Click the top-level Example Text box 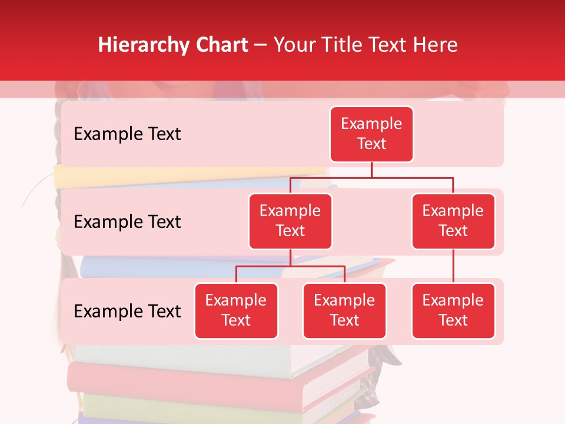tap(371, 134)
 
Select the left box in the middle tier tap(290, 221)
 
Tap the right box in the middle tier tap(453, 221)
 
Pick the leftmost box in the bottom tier tap(236, 310)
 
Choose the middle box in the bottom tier tap(344, 310)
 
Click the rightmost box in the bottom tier tap(453, 310)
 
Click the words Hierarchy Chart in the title tap(173, 45)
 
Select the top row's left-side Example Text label tap(127, 134)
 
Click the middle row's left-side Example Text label tap(127, 222)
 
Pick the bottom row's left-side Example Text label tap(127, 311)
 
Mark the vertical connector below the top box tap(371, 170)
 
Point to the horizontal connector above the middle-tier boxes tap(371, 177)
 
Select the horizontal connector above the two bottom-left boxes tap(290, 266)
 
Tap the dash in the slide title tap(261, 45)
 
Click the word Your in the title tap(293, 45)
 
